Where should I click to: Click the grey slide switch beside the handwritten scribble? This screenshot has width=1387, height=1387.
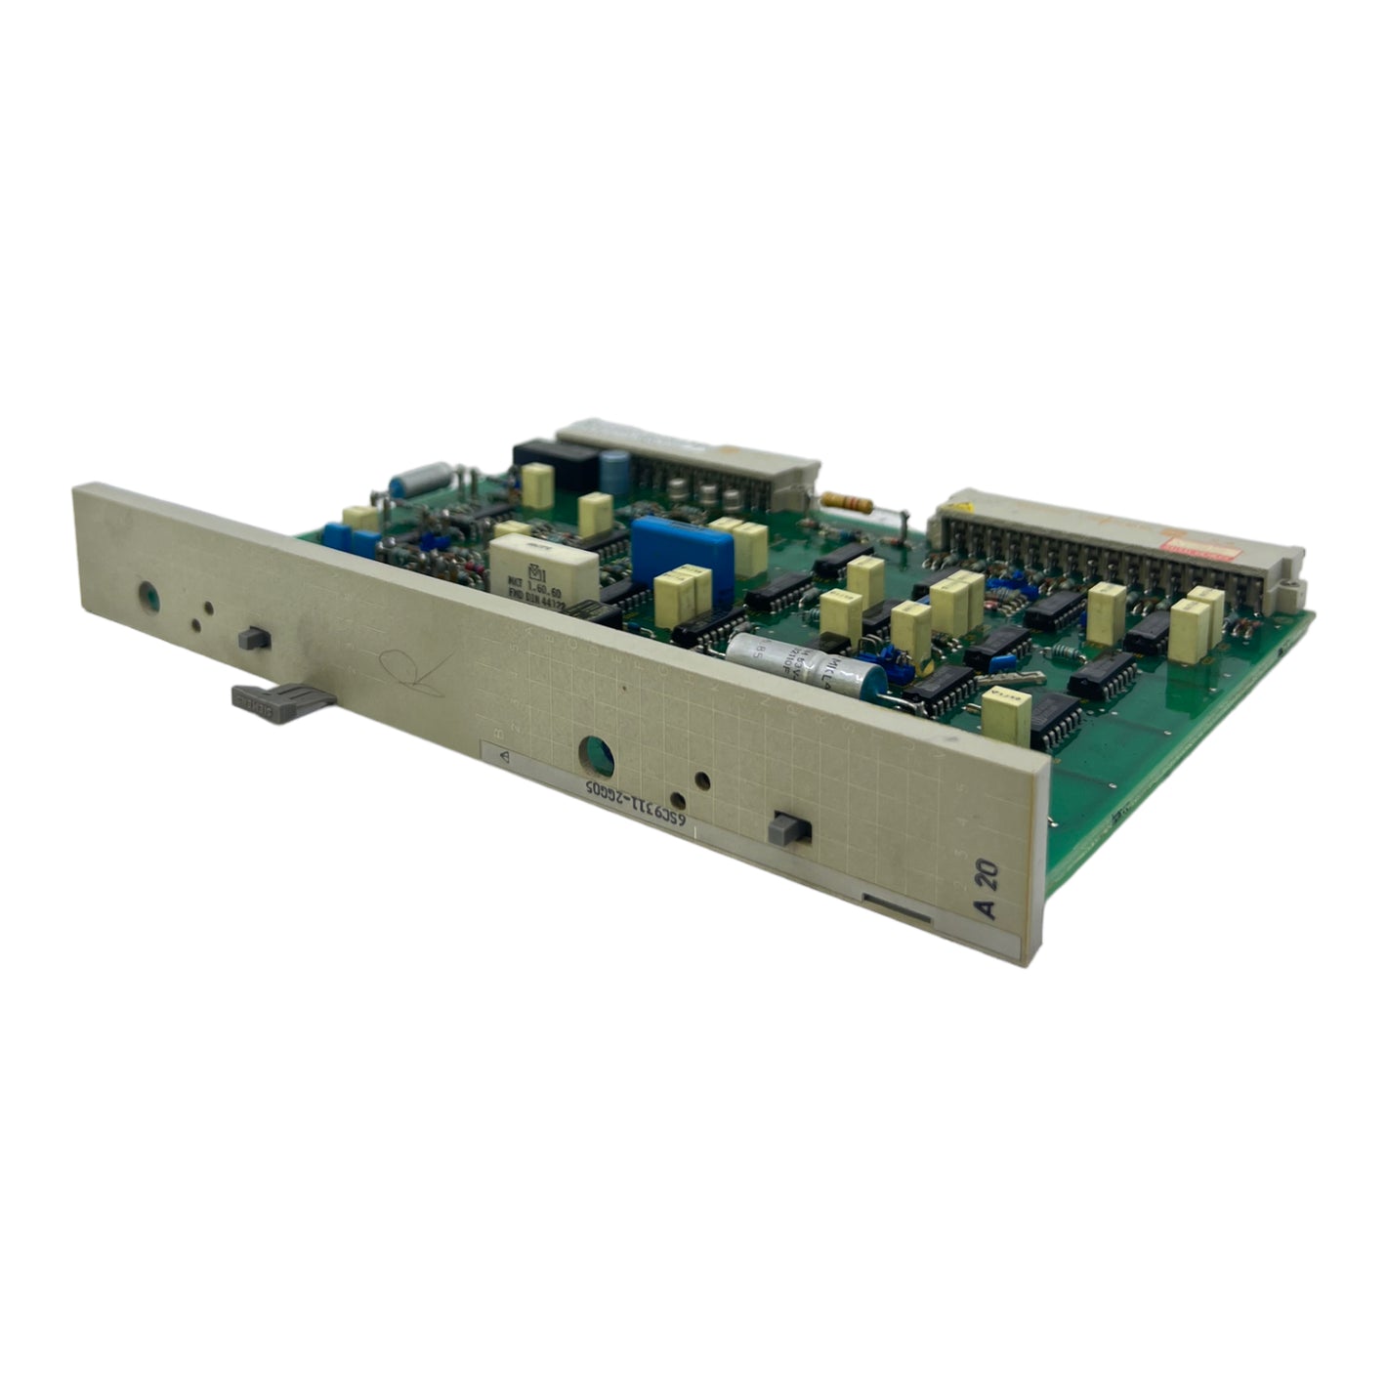255,638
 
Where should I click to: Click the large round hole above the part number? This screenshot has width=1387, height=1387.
596,755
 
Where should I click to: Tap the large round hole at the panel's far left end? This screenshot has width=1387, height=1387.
149,593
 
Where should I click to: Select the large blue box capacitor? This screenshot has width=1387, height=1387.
682,557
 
